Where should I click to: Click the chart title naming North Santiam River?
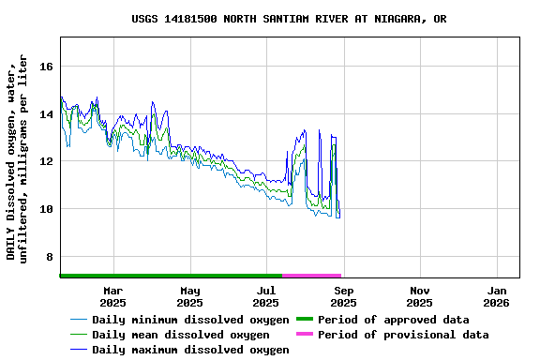coord(289,19)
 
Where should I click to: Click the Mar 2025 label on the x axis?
coord(112,296)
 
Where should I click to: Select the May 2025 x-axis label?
coord(189,296)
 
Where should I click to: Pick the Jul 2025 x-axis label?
coord(266,296)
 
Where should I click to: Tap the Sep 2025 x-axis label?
coord(343,296)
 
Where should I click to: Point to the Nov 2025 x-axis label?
coord(420,296)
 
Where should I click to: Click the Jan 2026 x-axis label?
coord(497,296)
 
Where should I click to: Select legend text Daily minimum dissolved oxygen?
coord(190,320)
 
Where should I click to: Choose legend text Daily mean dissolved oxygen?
coord(180,335)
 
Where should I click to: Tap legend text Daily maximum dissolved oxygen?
coord(190,350)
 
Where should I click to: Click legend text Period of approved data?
coord(393,320)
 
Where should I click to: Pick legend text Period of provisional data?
coord(402,335)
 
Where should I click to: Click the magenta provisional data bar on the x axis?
coord(311,276)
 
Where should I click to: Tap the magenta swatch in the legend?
coord(304,335)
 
